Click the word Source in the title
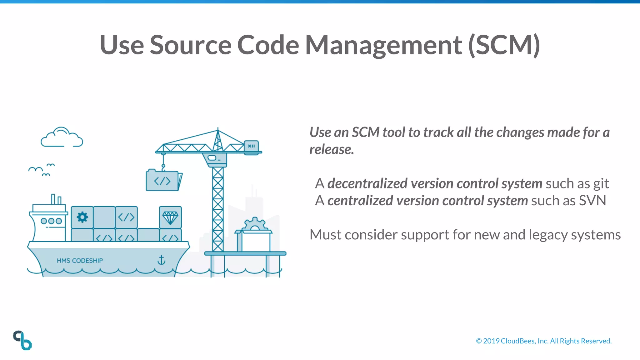coord(191,45)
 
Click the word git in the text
coord(601,184)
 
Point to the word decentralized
coord(367,183)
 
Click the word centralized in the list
coord(360,201)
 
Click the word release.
coord(331,149)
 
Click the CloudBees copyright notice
coord(543,341)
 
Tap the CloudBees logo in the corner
coord(22,340)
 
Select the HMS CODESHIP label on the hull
coord(80,261)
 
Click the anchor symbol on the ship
coord(161,260)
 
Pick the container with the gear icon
coord(82,217)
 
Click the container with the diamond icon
coord(170,217)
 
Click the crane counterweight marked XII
coord(252,146)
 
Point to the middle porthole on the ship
coord(51,221)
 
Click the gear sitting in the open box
coord(255,224)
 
